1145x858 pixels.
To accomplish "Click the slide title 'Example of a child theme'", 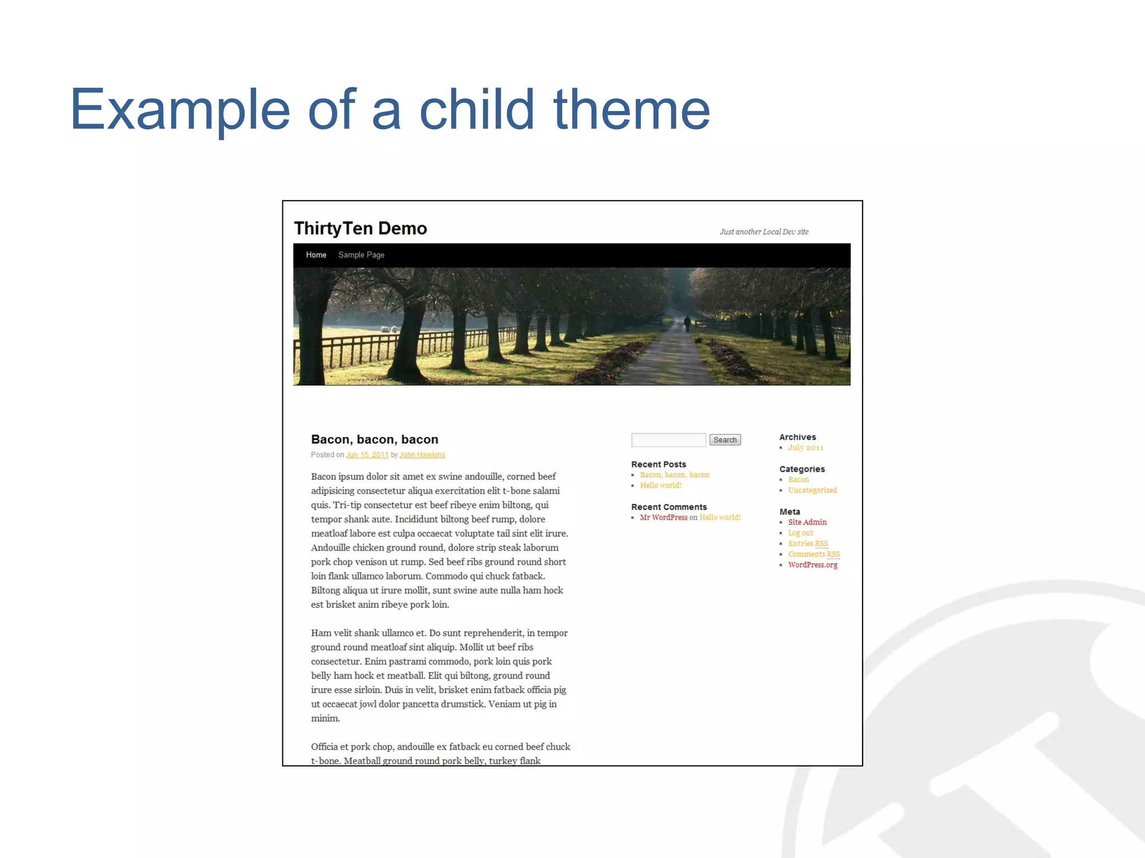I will click(x=390, y=109).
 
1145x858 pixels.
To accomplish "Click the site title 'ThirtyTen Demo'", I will click(x=360, y=228).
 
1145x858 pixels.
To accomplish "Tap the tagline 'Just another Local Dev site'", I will click(x=764, y=232).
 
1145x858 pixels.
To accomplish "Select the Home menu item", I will click(x=316, y=255).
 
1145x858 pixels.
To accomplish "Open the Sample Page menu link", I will click(x=361, y=255).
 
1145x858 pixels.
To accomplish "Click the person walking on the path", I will click(x=687, y=323).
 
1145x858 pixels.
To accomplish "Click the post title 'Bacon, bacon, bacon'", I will click(x=375, y=440).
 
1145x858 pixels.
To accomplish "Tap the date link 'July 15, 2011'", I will click(x=367, y=455).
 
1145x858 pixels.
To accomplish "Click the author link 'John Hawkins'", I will click(x=422, y=455).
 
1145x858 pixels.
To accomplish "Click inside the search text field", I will click(x=668, y=440).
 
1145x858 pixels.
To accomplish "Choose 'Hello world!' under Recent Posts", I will click(x=660, y=485).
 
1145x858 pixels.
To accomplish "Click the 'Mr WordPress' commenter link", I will click(x=664, y=518).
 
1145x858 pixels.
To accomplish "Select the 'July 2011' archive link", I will click(x=806, y=447).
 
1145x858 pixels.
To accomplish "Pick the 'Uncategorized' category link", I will click(x=812, y=490).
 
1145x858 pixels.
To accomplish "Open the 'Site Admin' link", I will click(x=807, y=522).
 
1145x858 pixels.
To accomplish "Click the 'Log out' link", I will click(x=801, y=533).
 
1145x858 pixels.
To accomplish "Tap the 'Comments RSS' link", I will click(x=813, y=554).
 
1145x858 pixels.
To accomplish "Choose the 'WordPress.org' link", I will click(x=813, y=565).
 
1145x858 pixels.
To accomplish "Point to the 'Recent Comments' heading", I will click(x=669, y=507).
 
